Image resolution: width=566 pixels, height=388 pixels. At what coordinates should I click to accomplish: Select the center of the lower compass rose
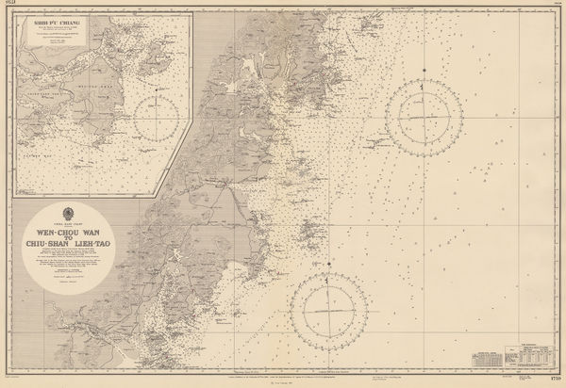(328, 306)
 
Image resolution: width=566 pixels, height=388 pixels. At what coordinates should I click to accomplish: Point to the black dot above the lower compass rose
(328, 270)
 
